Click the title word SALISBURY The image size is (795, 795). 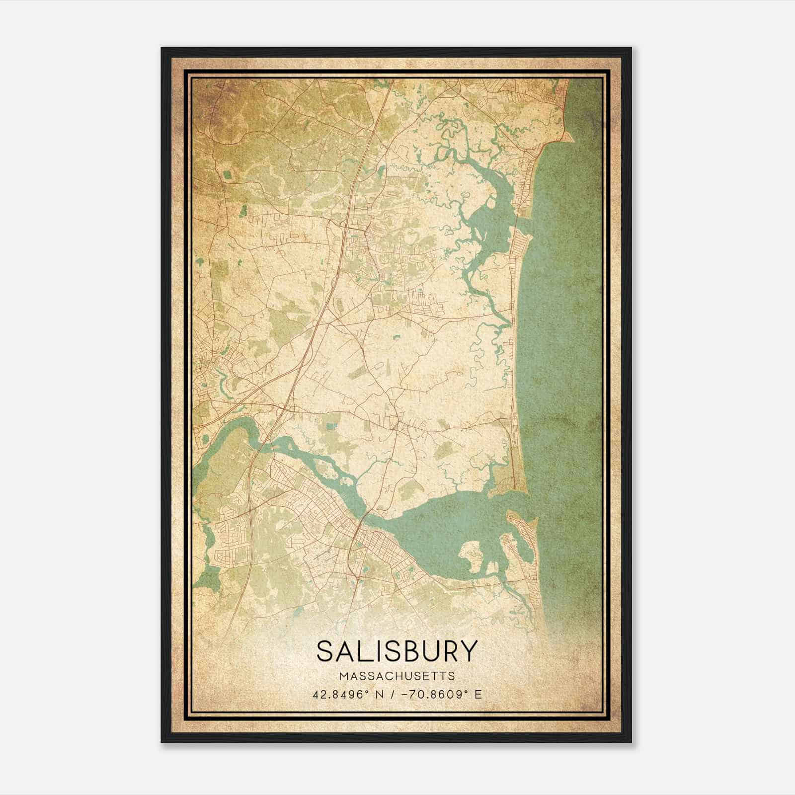[x=397, y=650]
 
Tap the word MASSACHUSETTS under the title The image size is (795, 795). [x=397, y=676]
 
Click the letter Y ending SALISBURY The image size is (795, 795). [x=469, y=650]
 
